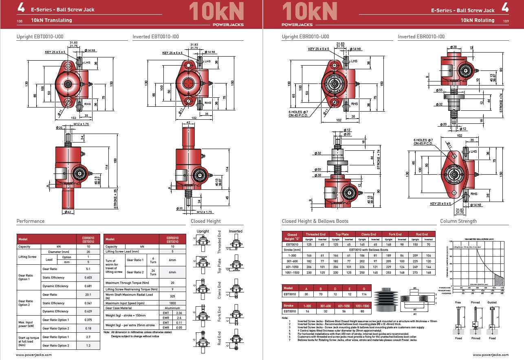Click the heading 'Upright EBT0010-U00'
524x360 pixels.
click(40, 37)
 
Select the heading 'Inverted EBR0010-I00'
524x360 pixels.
click(421, 37)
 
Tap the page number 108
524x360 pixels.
click(20, 21)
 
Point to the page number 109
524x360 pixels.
click(506, 21)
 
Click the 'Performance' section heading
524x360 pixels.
click(31, 221)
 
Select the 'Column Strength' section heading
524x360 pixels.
click(458, 221)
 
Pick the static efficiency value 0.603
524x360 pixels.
click(88, 277)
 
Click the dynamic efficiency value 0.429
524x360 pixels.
click(88, 311)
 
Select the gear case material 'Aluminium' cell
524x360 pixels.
click(172, 308)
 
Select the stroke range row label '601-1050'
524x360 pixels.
click(292, 266)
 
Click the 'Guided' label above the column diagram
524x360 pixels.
click(492, 303)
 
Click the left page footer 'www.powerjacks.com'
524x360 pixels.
click(34, 355)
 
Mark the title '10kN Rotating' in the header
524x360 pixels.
click(477, 20)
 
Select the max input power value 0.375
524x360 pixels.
click(88, 320)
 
